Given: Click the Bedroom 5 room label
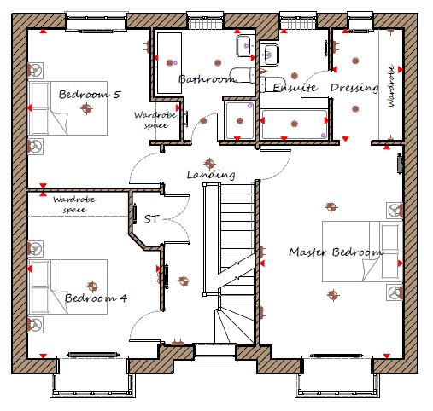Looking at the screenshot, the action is [x=90, y=95].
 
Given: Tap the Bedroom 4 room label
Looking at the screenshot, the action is [x=96, y=298].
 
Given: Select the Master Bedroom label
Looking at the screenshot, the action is [x=336, y=252].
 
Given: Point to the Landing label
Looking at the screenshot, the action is [x=211, y=175].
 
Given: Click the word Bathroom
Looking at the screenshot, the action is [x=208, y=78].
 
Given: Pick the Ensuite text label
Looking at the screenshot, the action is [x=295, y=87].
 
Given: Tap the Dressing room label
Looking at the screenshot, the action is [x=354, y=88].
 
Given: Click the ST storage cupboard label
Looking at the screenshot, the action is [x=151, y=219].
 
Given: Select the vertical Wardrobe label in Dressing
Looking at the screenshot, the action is [x=391, y=86].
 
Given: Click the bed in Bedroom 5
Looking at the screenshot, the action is [x=67, y=108].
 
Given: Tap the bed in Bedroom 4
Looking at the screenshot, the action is [x=67, y=287].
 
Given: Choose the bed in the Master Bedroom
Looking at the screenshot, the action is [x=362, y=252].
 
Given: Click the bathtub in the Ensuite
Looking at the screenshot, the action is [x=295, y=124].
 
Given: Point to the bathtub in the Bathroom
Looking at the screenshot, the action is [x=169, y=63].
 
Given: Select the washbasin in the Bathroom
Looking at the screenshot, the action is [x=243, y=46].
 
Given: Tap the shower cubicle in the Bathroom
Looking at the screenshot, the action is [x=239, y=120].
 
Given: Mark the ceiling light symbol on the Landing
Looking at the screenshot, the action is [x=210, y=164].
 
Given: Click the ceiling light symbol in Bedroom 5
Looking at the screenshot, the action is [x=86, y=108].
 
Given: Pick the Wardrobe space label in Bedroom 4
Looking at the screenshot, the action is [x=74, y=205].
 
